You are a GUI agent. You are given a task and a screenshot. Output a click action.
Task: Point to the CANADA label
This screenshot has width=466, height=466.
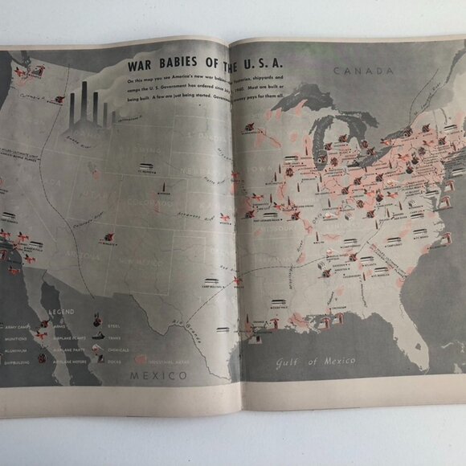point(363,71)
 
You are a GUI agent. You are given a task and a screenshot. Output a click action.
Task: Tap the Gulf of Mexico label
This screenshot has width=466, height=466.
point(315,361)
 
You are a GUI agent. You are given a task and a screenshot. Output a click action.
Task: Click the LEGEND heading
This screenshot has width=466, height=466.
point(62,311)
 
